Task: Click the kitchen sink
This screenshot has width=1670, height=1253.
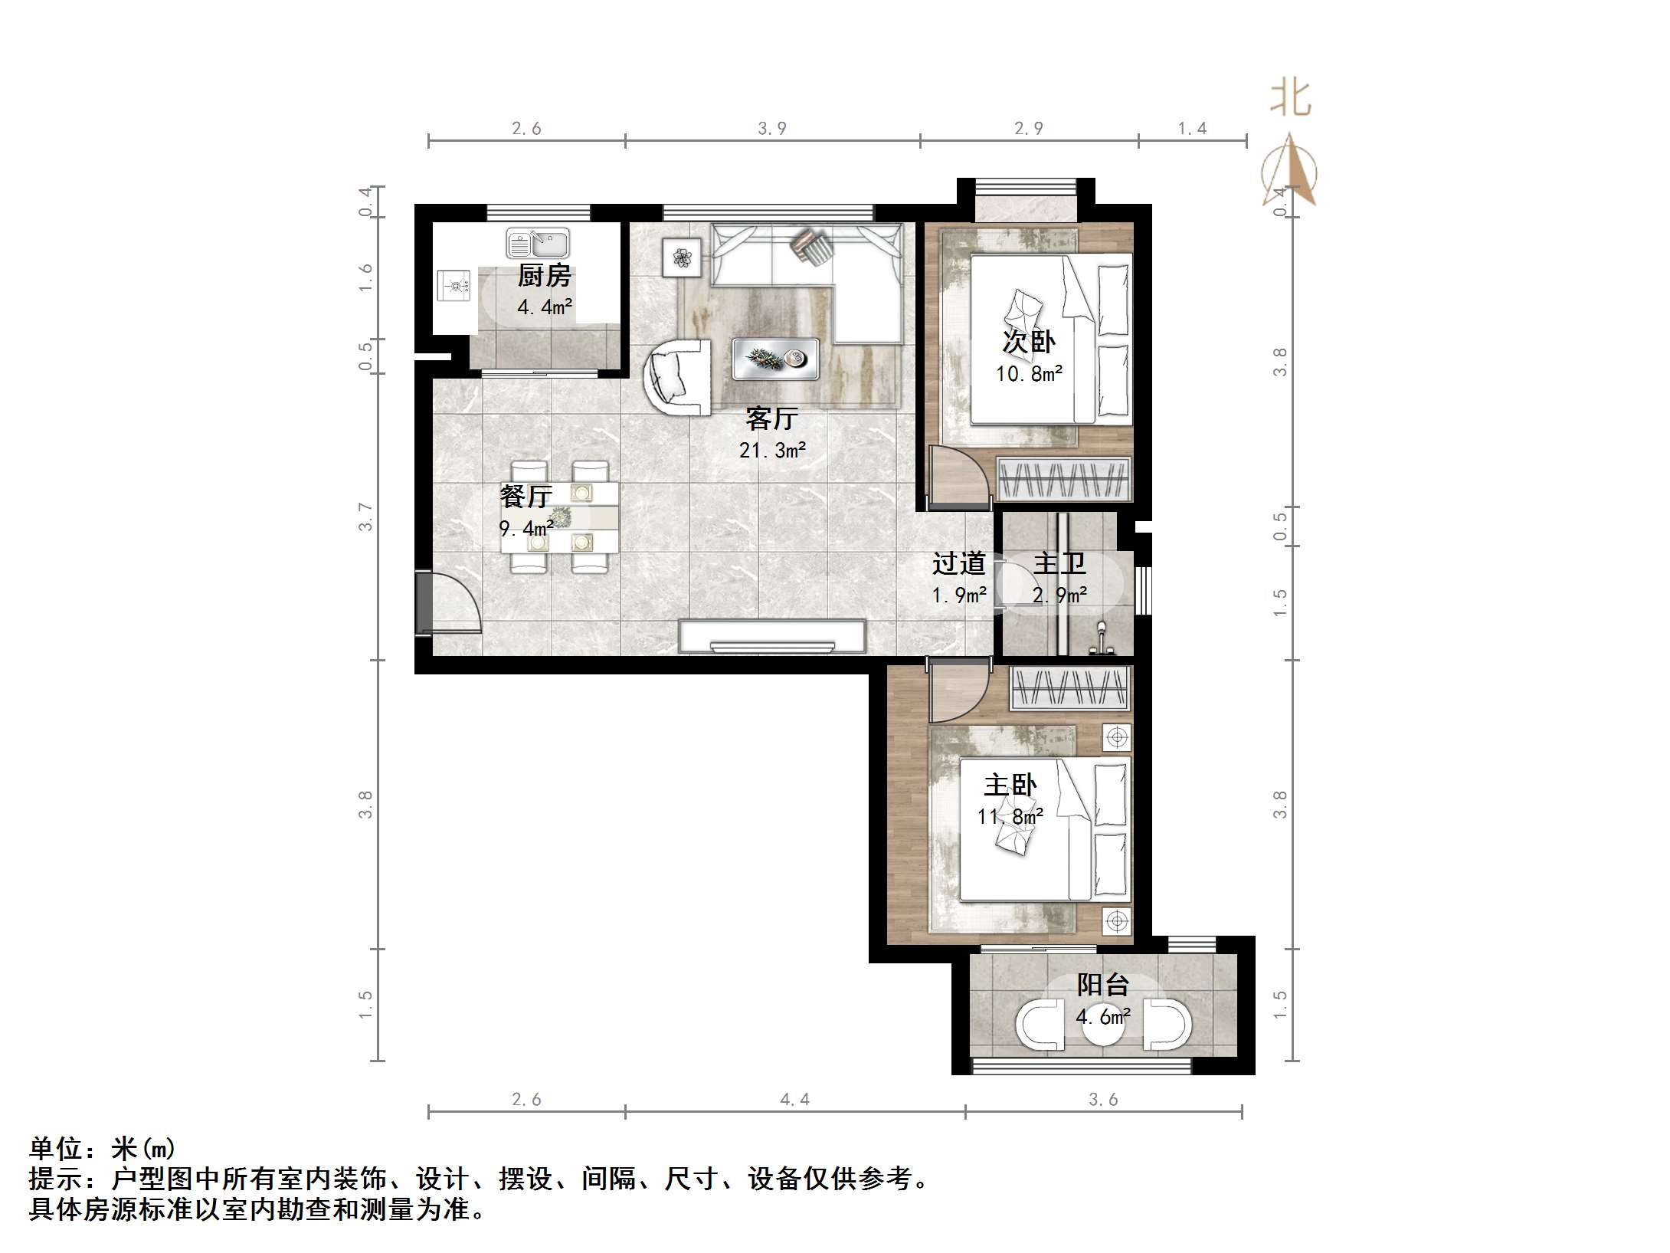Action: pyautogui.click(x=538, y=244)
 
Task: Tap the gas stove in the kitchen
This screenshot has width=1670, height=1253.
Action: pyautogui.click(x=454, y=287)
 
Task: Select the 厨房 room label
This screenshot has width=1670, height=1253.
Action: pyautogui.click(x=544, y=275)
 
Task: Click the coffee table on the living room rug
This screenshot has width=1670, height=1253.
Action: pyautogui.click(x=775, y=359)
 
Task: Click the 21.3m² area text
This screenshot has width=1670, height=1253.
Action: pyautogui.click(x=772, y=451)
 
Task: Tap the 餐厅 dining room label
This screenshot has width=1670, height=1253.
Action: pyautogui.click(x=526, y=496)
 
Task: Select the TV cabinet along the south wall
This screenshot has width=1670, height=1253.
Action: pyautogui.click(x=772, y=637)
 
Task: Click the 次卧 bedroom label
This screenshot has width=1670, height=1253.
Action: pyautogui.click(x=1029, y=342)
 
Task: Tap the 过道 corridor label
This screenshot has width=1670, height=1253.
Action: pyautogui.click(x=958, y=564)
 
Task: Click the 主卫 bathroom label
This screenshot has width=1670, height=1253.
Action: pyautogui.click(x=1059, y=564)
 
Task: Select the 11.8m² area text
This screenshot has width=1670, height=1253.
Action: pyautogui.click(x=1010, y=817)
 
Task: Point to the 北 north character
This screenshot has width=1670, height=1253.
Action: pyautogui.click(x=1291, y=100)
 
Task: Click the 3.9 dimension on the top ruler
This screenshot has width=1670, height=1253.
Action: pyautogui.click(x=772, y=129)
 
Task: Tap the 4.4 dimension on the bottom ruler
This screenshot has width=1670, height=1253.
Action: pyautogui.click(x=794, y=1100)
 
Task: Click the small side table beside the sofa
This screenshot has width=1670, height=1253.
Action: pyautogui.click(x=682, y=257)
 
